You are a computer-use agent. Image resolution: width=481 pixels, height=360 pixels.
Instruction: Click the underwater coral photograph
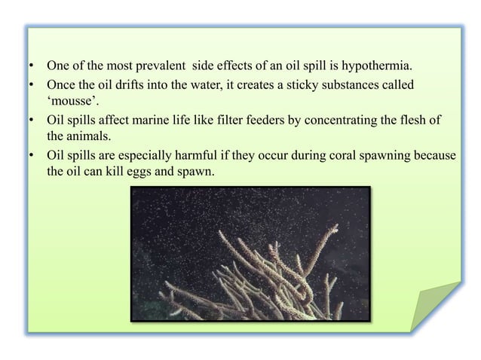[x=251, y=254]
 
